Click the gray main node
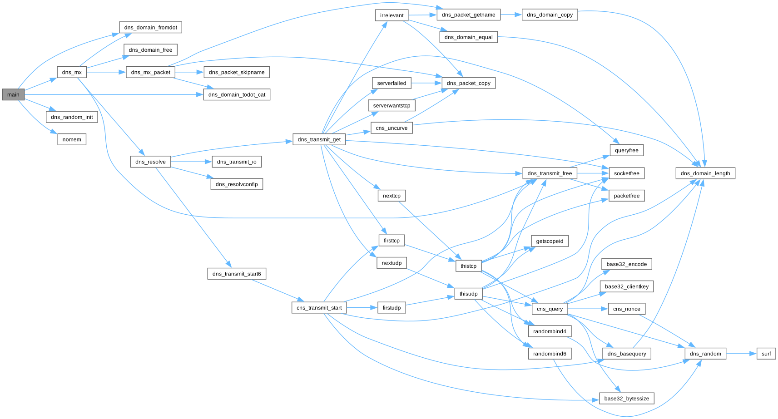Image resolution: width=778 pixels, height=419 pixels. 13,94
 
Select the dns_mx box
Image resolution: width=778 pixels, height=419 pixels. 72,72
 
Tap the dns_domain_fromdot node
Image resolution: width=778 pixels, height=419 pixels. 150,27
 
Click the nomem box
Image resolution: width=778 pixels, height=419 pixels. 72,139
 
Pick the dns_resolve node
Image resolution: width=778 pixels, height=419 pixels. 150,162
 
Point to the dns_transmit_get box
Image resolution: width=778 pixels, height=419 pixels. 319,139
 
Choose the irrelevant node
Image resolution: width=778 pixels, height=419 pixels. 391,15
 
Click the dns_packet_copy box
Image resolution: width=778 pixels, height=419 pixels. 468,83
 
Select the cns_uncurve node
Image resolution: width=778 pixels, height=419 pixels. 391,128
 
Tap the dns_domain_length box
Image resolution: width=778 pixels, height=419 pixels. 705,173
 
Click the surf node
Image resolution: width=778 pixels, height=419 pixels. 766,354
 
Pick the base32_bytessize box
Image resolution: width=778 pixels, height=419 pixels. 626,399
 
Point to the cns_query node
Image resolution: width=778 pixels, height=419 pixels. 550,309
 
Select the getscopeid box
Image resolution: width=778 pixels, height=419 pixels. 550,241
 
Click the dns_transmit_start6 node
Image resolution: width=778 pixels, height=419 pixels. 237,274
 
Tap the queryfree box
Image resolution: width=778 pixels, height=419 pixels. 626,150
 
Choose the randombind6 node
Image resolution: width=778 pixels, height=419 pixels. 550,354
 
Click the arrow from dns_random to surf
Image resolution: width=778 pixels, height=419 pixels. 741,354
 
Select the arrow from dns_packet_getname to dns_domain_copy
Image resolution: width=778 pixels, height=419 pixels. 511,15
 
